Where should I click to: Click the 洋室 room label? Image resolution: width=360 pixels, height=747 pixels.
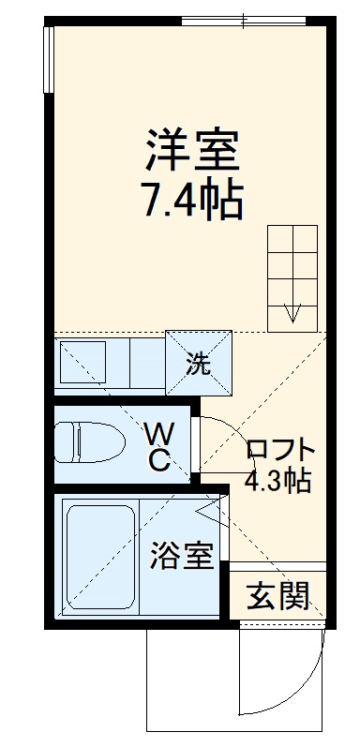(x=192, y=148)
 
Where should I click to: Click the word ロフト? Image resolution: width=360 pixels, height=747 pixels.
(x=278, y=451)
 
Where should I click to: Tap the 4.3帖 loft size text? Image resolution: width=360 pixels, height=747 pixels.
(x=278, y=482)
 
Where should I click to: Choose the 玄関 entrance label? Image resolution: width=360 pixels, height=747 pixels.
(x=278, y=594)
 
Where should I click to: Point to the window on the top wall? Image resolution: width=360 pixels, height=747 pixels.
(x=245, y=20)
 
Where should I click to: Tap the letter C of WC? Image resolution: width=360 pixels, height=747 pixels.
(x=159, y=460)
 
